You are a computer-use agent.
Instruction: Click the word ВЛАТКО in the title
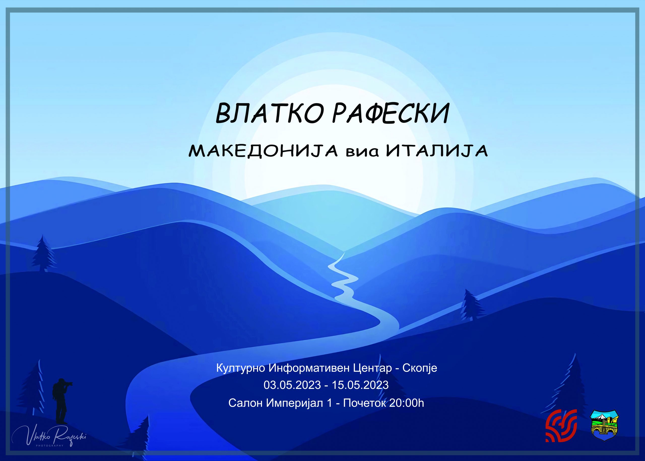[x=269, y=113]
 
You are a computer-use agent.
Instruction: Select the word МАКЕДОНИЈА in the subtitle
[x=263, y=151]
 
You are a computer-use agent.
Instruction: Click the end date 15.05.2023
[x=360, y=385]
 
